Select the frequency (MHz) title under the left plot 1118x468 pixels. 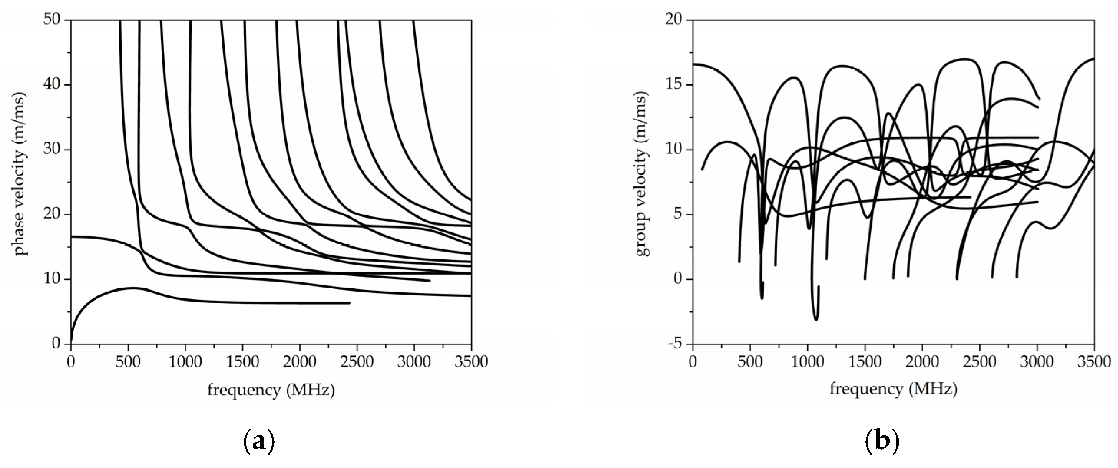pos(271,391)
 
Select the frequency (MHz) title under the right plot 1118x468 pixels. pos(893,389)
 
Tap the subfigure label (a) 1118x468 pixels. pos(259,442)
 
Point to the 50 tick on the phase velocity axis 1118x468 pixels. pos(53,20)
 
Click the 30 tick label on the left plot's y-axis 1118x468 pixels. pos(53,150)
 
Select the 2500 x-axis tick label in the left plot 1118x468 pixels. pos(357,361)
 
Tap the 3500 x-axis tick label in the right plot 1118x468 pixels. pos(1094,361)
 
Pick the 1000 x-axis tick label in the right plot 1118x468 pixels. pos(807,361)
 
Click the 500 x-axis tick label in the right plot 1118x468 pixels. pos(750,361)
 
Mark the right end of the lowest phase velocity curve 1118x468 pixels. pos(349,303)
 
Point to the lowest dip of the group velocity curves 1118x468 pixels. pos(816,320)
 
